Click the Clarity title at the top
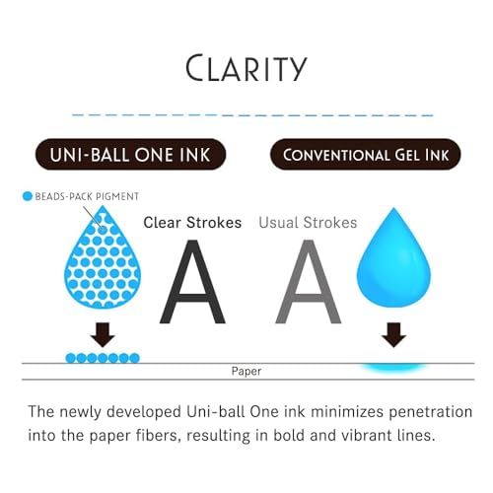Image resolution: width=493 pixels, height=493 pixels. [246, 68]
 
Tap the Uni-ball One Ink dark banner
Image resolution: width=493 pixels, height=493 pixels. [130, 154]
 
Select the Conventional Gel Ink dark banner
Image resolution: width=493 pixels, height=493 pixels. [366, 154]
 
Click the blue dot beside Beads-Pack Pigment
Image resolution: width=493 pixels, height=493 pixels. [28, 196]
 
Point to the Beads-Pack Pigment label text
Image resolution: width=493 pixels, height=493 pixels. [87, 196]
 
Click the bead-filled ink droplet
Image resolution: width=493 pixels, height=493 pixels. [103, 257]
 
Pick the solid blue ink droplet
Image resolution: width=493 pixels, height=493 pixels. [393, 257]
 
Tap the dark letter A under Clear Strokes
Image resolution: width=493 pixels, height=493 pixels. [193, 282]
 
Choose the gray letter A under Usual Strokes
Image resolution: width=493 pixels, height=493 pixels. [309, 282]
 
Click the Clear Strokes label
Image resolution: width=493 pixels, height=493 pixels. [192, 223]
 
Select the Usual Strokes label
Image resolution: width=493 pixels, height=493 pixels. [308, 223]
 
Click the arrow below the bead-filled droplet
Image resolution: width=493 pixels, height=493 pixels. [103, 334]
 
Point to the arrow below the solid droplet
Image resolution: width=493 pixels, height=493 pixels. [393, 334]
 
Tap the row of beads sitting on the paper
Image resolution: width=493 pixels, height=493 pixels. [103, 358]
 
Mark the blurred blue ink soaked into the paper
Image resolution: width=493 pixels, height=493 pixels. [393, 368]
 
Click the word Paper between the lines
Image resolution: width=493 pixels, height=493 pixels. [246, 371]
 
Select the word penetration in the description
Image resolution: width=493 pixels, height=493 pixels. [431, 412]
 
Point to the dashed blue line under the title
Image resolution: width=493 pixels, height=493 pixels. [252, 115]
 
